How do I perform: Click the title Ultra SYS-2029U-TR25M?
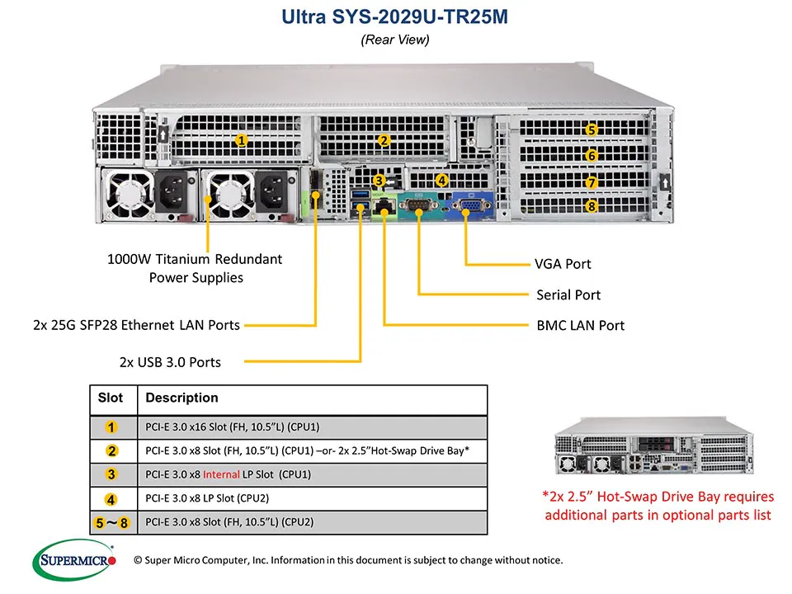pyautogui.click(x=395, y=16)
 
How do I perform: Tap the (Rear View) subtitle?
pyautogui.click(x=395, y=40)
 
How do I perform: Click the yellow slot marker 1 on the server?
pyautogui.click(x=241, y=140)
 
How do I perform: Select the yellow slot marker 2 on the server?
pyautogui.click(x=383, y=140)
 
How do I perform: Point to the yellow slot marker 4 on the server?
pyautogui.click(x=441, y=180)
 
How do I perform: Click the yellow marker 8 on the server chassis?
pyautogui.click(x=591, y=206)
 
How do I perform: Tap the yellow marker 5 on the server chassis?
pyautogui.click(x=591, y=130)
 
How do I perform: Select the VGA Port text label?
pyautogui.click(x=563, y=264)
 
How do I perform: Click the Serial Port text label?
pyautogui.click(x=568, y=295)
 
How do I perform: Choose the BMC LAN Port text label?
pyautogui.click(x=580, y=325)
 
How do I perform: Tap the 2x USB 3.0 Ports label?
pyautogui.click(x=171, y=361)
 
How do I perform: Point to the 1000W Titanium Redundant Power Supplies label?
pyautogui.click(x=196, y=268)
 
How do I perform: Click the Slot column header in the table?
pyautogui.click(x=111, y=398)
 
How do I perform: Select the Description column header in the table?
pyautogui.click(x=181, y=398)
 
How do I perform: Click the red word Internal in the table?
pyautogui.click(x=221, y=474)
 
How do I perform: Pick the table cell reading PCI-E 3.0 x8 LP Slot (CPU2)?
pyautogui.click(x=207, y=498)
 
